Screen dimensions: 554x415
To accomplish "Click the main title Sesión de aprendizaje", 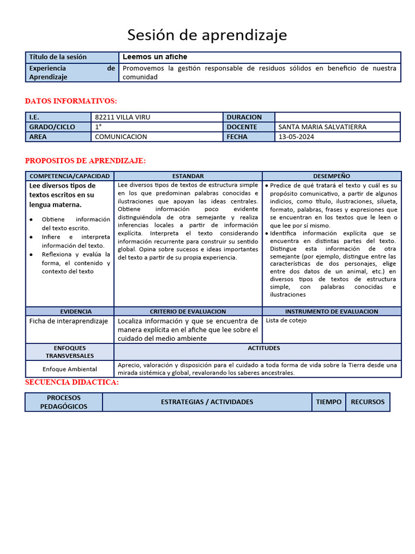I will [207, 35].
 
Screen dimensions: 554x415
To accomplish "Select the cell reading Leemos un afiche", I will [155, 57].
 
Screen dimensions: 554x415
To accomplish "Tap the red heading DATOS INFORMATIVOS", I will [71, 101].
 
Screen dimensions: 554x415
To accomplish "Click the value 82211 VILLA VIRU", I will [123, 117].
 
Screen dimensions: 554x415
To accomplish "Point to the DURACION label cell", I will [244, 117].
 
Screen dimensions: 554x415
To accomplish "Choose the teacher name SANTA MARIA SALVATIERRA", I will [322, 127].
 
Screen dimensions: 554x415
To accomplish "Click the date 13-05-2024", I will [296, 137].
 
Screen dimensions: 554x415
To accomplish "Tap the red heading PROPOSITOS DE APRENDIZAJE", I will [85, 161].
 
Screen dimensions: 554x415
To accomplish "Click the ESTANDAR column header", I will [188, 176].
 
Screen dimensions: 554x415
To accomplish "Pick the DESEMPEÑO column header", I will [332, 176].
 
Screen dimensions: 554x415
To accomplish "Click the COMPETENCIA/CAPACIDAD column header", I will [70, 176].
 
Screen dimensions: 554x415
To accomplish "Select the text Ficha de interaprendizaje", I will [69, 321].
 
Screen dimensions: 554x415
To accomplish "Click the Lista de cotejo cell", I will [286, 320].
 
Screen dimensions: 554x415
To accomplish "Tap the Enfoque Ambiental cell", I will [70, 369].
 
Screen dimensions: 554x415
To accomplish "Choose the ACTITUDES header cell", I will [257, 348].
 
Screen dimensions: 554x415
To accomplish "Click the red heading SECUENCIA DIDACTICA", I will [72, 382].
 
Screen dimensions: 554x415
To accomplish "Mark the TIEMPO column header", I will [329, 402].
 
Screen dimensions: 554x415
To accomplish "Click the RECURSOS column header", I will [367, 402].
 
